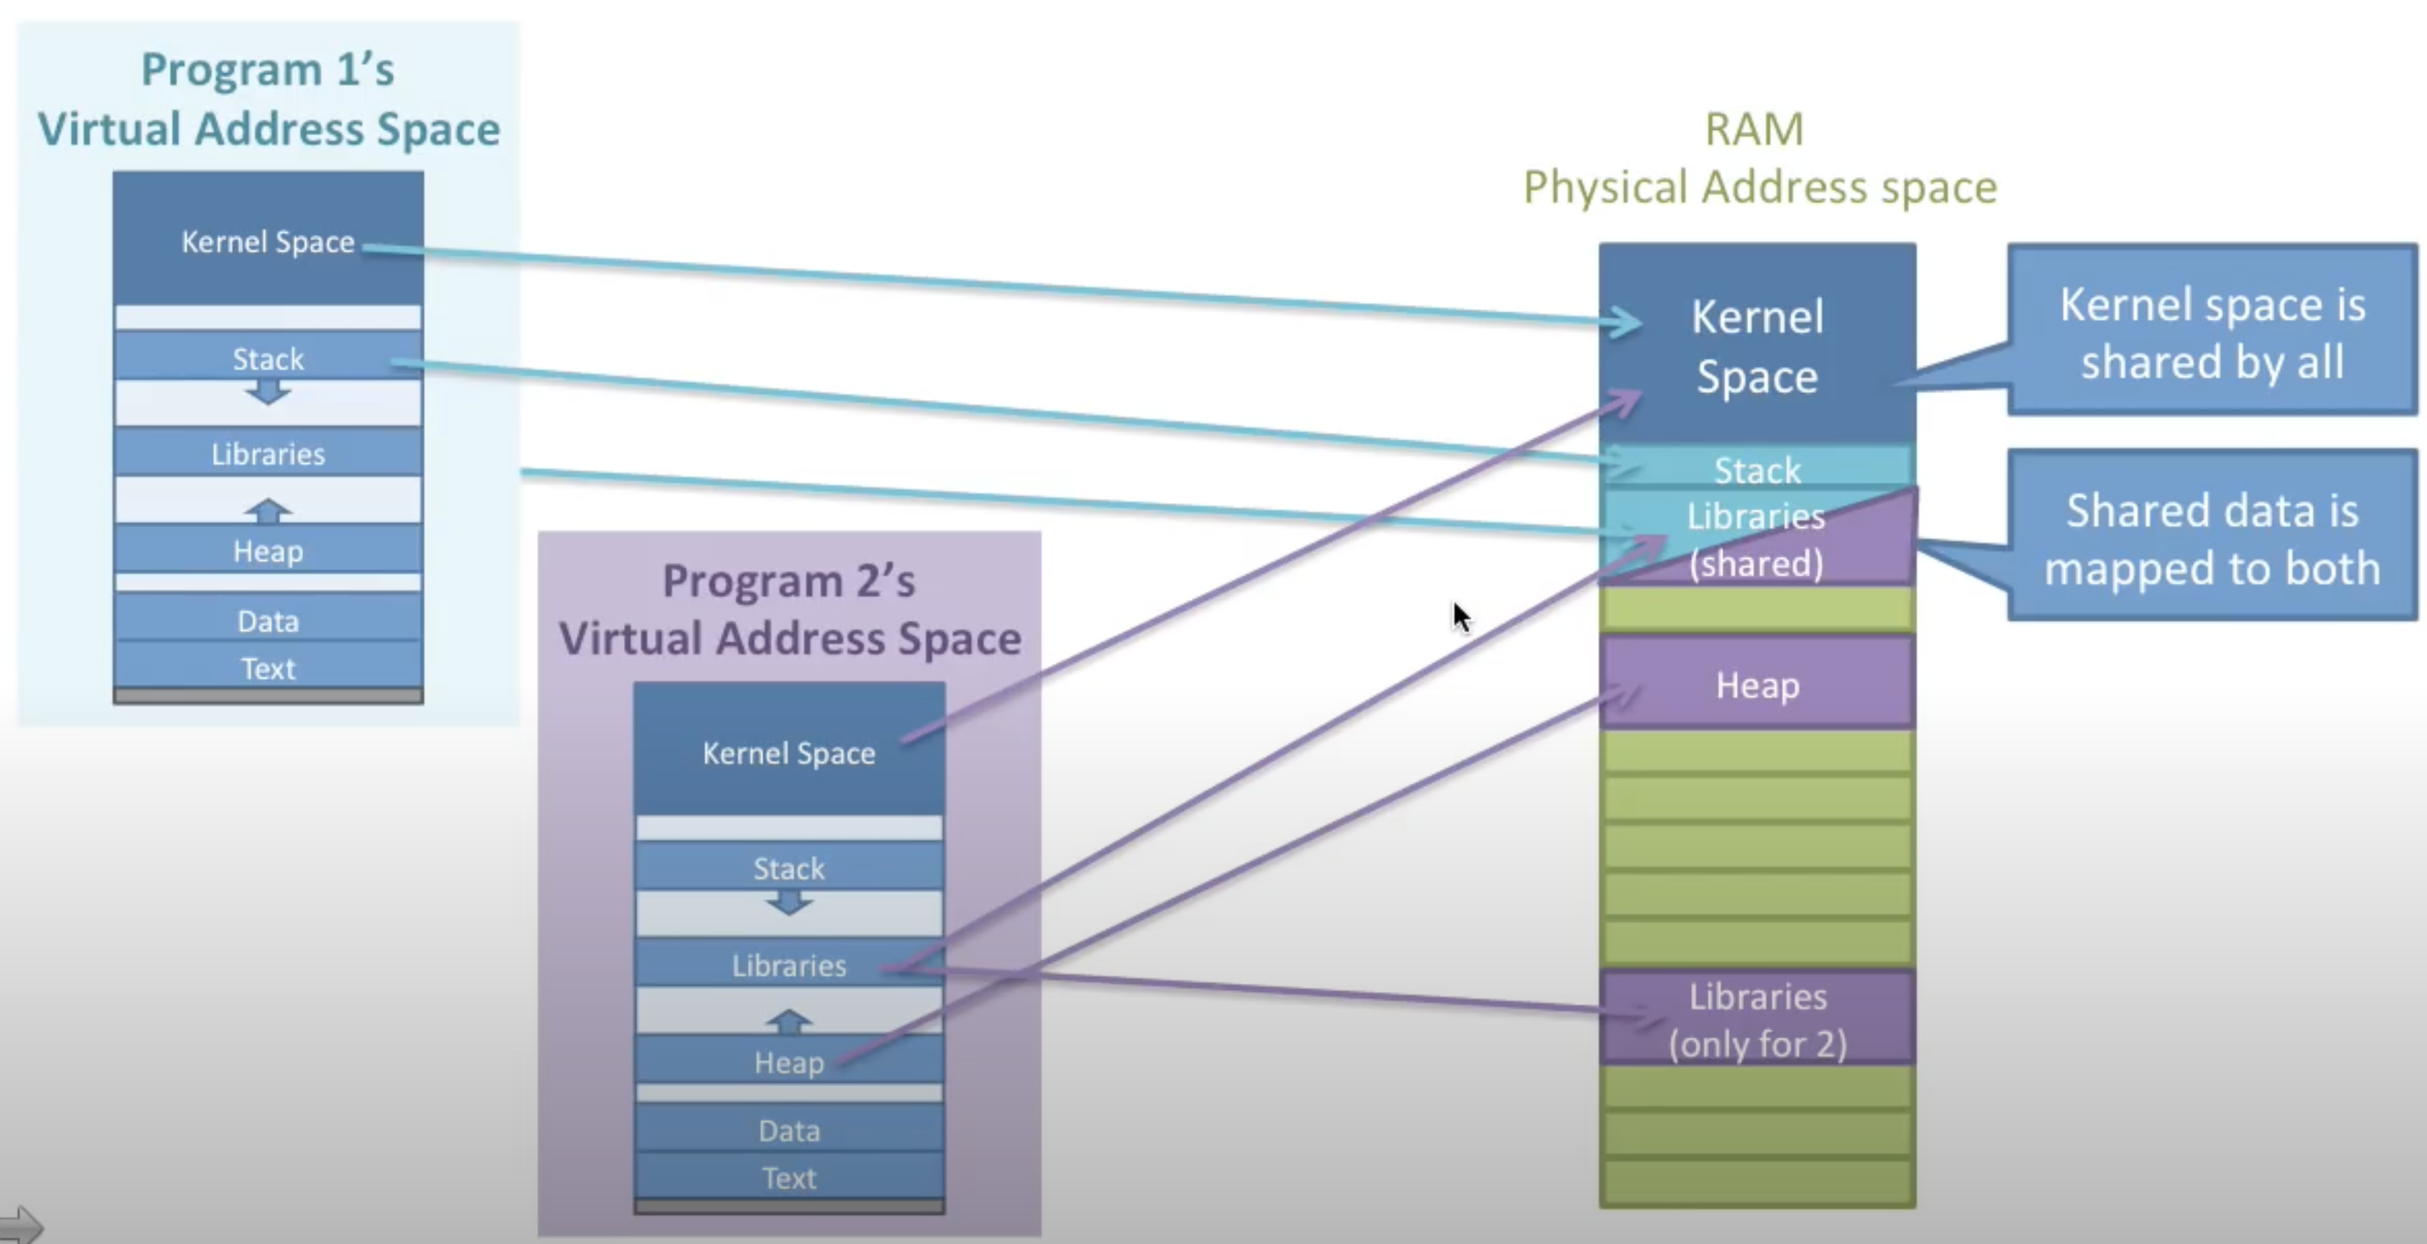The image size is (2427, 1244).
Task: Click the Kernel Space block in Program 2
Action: pos(789,749)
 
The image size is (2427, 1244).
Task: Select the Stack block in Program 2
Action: pos(789,865)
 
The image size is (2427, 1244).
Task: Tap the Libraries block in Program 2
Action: pos(789,962)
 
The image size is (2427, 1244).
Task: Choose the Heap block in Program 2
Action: pos(789,1059)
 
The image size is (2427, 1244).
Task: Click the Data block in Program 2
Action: pos(789,1127)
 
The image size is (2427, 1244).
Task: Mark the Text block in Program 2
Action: pos(789,1175)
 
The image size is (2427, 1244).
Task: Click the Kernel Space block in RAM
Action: pos(1757,343)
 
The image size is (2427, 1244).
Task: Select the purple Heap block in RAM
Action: pos(1757,683)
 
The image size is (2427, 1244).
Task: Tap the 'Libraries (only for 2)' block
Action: pos(1757,1018)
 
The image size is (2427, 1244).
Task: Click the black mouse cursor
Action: pos(1461,617)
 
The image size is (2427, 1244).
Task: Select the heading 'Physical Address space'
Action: pos(1759,186)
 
